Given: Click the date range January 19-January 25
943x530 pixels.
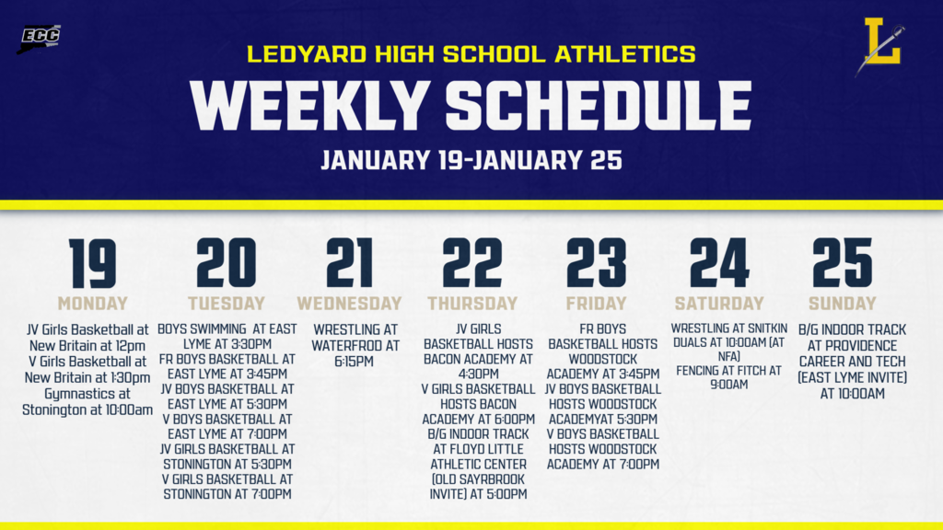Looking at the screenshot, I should coord(471,160).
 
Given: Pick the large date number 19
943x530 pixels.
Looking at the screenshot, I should coord(93,263).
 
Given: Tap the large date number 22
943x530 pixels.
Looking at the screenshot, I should coord(472,263).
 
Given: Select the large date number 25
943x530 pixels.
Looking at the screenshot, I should coord(842,263).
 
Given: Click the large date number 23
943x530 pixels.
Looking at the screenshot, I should coord(596,263).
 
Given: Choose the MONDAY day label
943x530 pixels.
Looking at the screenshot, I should coord(93,304).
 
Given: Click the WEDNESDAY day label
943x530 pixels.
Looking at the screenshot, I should coord(349,304).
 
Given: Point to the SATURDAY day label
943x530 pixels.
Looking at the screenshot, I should coord(719,304).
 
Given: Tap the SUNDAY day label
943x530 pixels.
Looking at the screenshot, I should coord(842,304).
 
